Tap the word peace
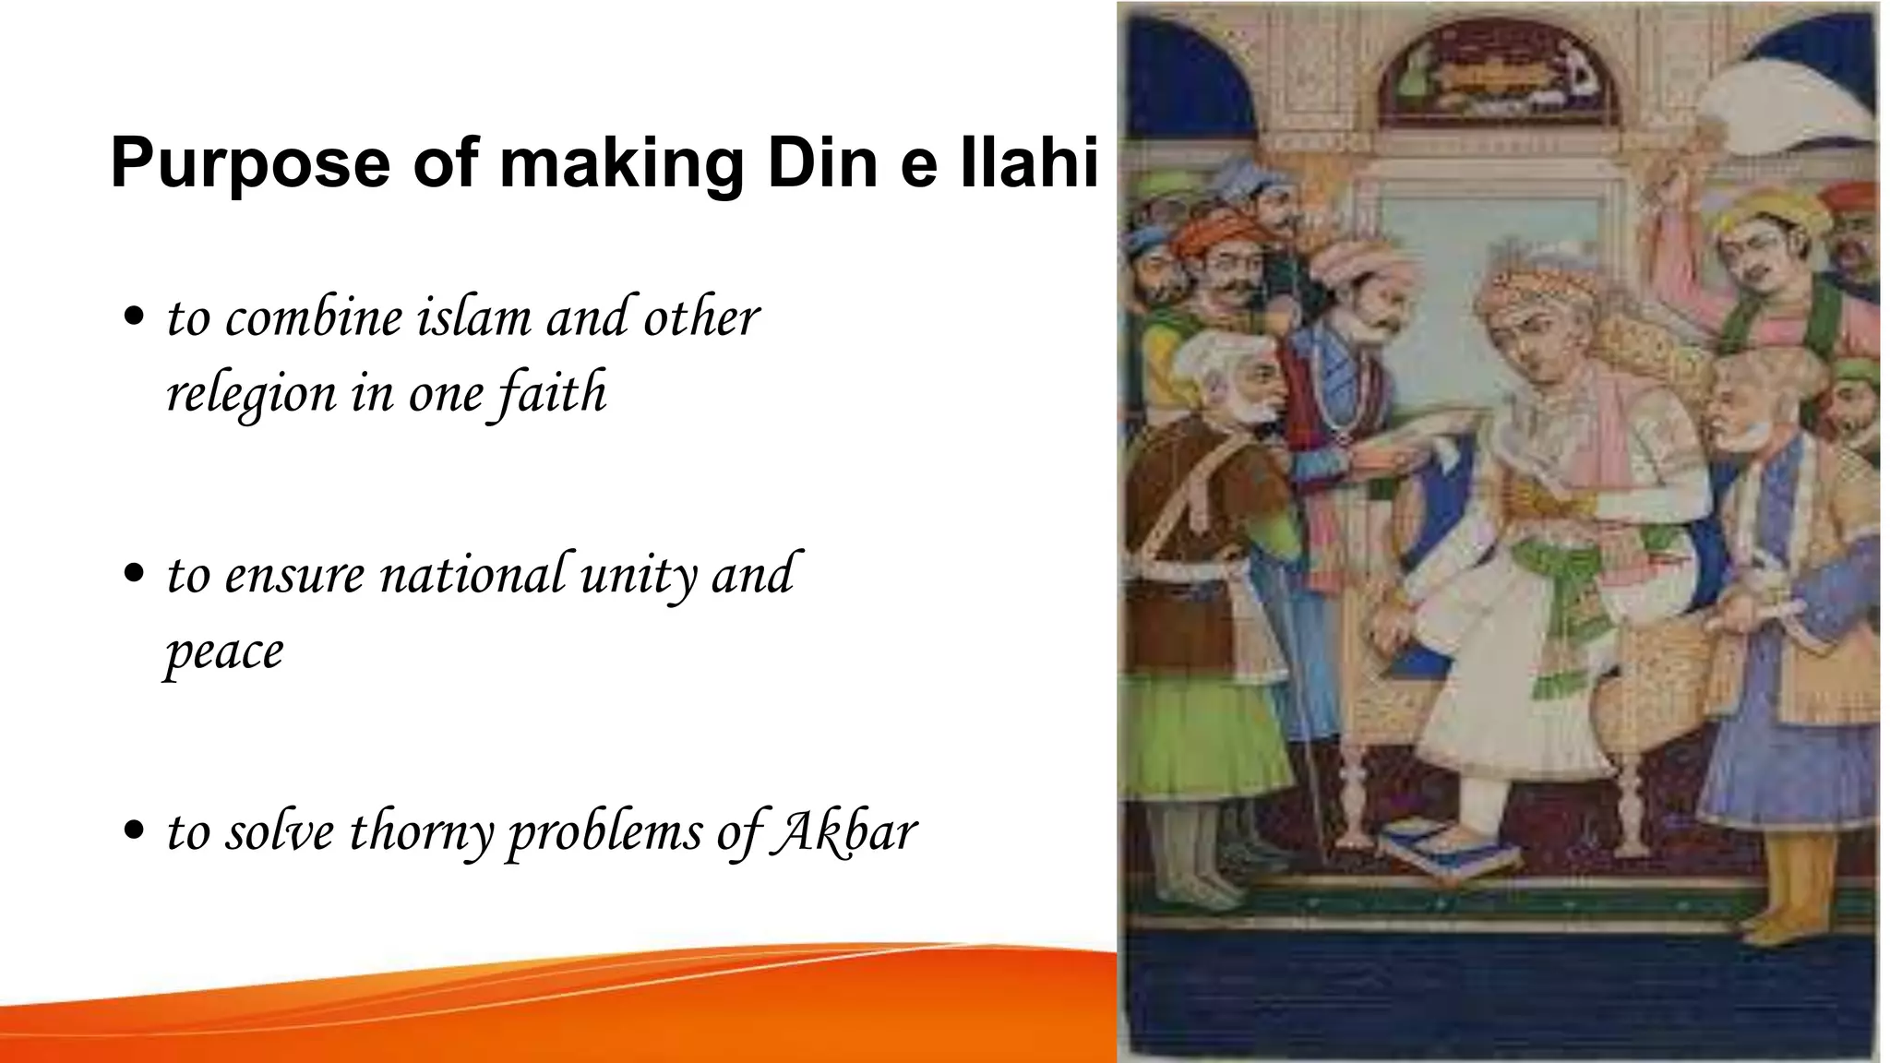click(224, 653)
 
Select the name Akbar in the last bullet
click(843, 830)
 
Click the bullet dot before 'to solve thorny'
click(135, 830)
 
